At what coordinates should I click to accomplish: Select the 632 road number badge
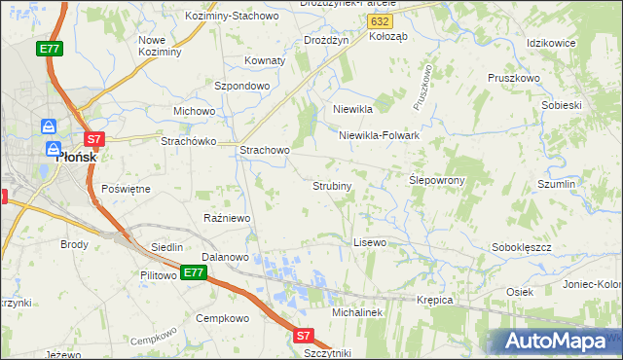point(382,21)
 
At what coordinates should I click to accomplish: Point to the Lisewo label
point(370,241)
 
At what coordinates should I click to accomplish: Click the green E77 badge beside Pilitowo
point(193,273)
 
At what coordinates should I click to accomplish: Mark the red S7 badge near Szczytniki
point(304,336)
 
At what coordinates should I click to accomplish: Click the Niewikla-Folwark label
point(379,135)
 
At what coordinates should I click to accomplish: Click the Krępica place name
point(435,300)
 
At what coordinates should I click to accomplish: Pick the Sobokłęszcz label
point(522,248)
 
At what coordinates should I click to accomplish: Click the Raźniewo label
point(228,218)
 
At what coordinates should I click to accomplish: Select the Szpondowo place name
point(241,86)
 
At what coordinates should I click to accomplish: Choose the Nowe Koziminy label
point(160,46)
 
